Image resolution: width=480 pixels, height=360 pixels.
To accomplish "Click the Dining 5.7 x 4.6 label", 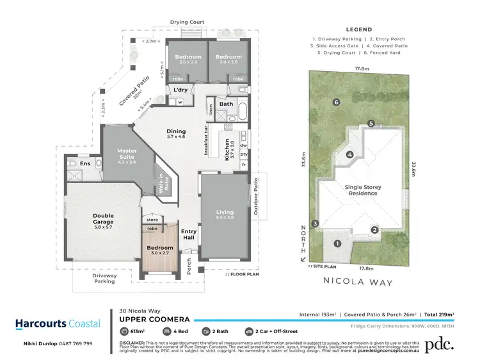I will [175, 133].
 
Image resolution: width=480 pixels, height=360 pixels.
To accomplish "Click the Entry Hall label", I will [189, 234].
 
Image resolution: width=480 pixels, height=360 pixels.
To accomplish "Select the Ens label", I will [85, 164].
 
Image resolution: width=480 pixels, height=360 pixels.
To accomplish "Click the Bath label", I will [226, 103].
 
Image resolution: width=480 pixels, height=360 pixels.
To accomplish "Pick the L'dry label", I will [179, 90].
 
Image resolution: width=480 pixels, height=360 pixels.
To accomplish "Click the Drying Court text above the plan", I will [187, 22].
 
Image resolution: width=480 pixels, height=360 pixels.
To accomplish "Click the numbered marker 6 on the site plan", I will [335, 102].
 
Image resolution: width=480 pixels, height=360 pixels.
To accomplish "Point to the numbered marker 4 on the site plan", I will [350, 154].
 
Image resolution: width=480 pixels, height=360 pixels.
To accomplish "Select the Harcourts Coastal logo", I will [58, 323].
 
